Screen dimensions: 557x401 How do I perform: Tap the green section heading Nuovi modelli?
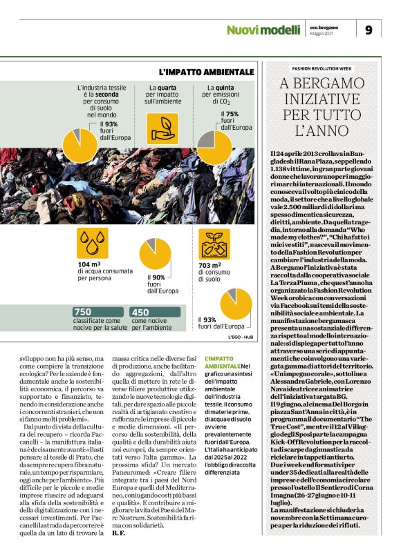coord(264,30)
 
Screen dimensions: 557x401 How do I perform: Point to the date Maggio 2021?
coord(322,34)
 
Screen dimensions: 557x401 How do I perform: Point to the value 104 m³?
coord(88,264)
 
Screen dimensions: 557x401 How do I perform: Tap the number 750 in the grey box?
coord(83,312)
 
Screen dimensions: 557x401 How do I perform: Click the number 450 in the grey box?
coord(140,312)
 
